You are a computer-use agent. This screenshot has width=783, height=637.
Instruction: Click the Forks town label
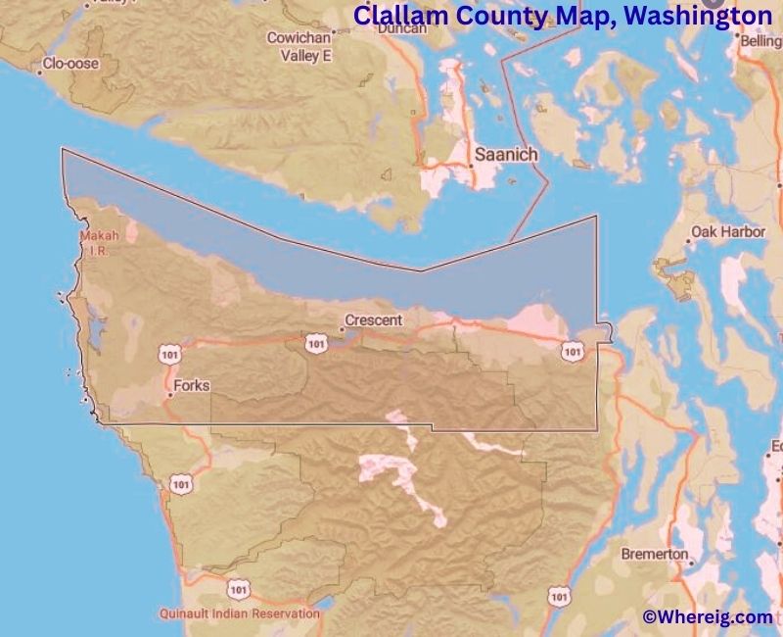click(x=191, y=386)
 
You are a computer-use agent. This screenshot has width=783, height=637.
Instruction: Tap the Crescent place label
click(x=375, y=319)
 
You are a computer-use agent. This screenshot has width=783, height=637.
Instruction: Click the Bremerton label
click(x=654, y=554)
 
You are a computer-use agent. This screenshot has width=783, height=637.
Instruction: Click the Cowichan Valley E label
click(x=300, y=47)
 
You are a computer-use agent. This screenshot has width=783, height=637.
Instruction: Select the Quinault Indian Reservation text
click(x=240, y=613)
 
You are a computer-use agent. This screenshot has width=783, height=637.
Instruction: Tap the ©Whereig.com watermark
click(x=707, y=616)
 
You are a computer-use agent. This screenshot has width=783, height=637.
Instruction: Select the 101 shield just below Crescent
click(x=315, y=342)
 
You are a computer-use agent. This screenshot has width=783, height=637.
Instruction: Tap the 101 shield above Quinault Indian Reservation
click(x=238, y=588)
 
